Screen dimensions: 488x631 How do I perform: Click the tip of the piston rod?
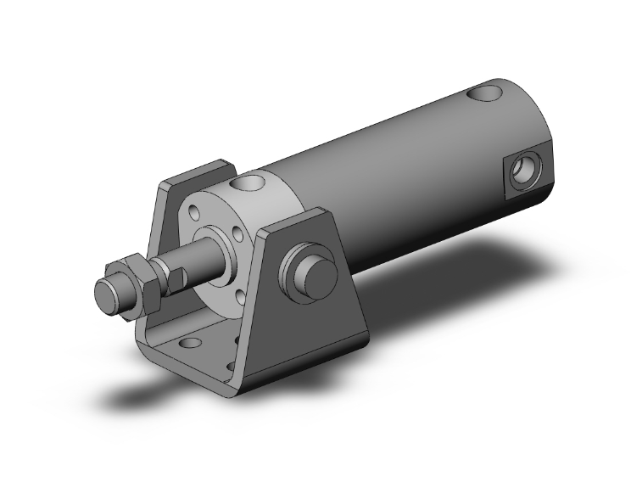click(107, 297)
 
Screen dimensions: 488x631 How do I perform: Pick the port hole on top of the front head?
click(252, 181)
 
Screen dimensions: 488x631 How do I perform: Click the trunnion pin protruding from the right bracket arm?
click(317, 272)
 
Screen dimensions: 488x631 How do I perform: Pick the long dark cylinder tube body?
click(399, 170)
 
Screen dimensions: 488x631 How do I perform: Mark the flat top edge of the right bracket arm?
click(297, 220)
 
